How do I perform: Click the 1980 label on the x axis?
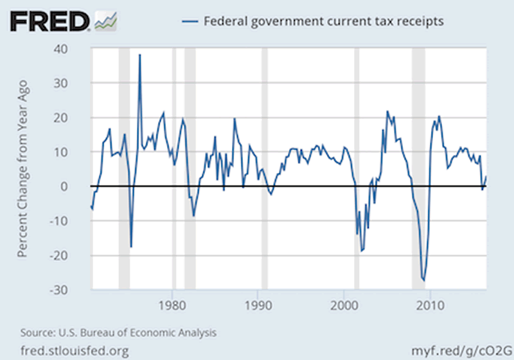click(x=172, y=305)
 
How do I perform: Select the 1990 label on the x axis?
click(x=258, y=305)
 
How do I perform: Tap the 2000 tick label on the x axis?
click(x=344, y=305)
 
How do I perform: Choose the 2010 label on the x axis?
click(x=430, y=305)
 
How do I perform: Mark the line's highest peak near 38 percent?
click(x=140, y=55)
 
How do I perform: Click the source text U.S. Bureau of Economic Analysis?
click(x=118, y=333)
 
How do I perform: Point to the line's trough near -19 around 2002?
click(x=362, y=251)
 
